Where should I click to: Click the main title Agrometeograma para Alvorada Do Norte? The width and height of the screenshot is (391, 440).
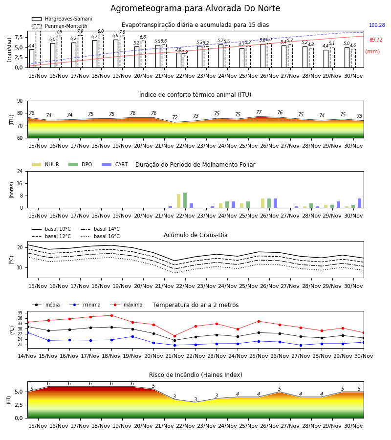pyautogui.click(x=195, y=8)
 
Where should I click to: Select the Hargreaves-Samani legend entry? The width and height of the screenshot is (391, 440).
pyautogui.click(x=62, y=19)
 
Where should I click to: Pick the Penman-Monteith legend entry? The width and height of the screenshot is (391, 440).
pyautogui.click(x=60, y=26)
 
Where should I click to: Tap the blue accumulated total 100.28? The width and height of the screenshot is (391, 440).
pyautogui.click(x=377, y=25)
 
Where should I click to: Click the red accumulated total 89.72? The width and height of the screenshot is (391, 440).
pyautogui.click(x=376, y=40)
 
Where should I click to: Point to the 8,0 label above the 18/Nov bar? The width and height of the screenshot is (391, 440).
pyautogui.click(x=101, y=31)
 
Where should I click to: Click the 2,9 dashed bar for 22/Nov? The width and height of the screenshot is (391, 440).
pyautogui.click(x=185, y=62)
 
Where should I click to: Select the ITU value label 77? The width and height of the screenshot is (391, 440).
pyautogui.click(x=259, y=112)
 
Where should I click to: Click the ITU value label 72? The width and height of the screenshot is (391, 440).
pyautogui.click(x=175, y=117)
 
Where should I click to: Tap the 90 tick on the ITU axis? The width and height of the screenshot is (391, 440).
pyautogui.click(x=20, y=101)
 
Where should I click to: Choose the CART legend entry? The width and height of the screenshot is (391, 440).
pyautogui.click(x=115, y=164)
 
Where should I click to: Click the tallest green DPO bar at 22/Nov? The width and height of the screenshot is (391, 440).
pyautogui.click(x=185, y=200)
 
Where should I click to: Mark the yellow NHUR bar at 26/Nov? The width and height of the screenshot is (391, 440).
pyautogui.click(x=263, y=203)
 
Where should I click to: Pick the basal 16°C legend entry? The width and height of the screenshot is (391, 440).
pyautogui.click(x=100, y=236)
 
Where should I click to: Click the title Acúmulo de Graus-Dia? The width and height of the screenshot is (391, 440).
pyautogui.click(x=195, y=235)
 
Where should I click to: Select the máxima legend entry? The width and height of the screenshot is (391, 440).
pyautogui.click(x=126, y=305)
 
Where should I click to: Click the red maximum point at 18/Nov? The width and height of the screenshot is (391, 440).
pyautogui.click(x=111, y=315)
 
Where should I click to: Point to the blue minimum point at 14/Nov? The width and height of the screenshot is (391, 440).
pyautogui.click(x=27, y=333)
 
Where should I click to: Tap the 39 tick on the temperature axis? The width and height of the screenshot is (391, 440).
pyautogui.click(x=20, y=313)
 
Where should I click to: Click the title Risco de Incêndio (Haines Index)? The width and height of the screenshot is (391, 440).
pyautogui.click(x=195, y=375)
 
